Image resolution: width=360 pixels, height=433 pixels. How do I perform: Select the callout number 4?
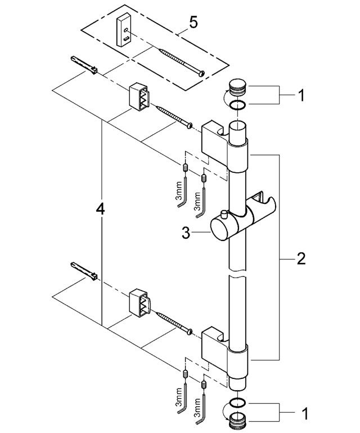(x=100, y=209)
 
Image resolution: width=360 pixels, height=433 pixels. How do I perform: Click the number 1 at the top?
(x=301, y=96)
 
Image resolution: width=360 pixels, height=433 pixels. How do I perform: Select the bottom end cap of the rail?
(x=239, y=421)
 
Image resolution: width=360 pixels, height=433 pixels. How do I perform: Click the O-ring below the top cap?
(x=238, y=107)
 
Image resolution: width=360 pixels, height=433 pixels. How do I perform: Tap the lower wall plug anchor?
(x=85, y=272)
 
